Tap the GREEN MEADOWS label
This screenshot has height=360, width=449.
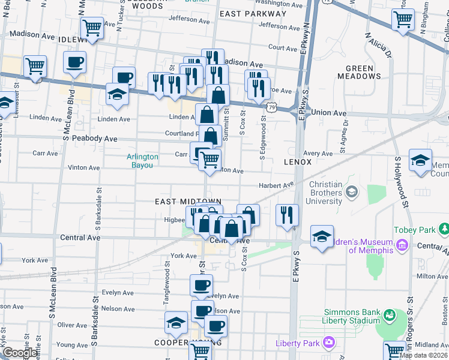(358, 72)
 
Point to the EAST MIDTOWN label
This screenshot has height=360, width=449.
(188, 202)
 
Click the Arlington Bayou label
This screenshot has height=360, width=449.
(142, 161)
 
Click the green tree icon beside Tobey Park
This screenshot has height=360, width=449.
(444, 229)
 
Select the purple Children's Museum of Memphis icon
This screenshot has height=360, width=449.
(402, 245)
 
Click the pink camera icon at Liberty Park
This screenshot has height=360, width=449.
(328, 343)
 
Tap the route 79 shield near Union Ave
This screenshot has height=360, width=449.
(272, 107)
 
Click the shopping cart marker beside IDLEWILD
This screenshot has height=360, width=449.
(92, 28)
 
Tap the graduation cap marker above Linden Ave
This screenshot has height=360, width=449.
(117, 94)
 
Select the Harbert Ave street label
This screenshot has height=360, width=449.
(276, 185)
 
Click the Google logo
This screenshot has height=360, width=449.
(20, 353)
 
